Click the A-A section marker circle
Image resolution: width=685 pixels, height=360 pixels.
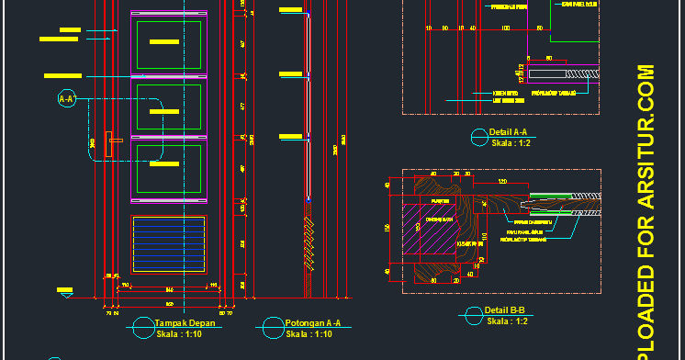coord(66,99)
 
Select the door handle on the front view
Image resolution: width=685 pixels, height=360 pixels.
coord(114,140)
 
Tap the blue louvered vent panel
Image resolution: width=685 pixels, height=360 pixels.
coord(167,245)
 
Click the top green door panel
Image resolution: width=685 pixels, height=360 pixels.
coord(169,43)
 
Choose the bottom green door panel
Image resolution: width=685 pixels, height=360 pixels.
coord(169,169)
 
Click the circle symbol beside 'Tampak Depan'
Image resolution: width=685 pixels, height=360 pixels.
coord(141,327)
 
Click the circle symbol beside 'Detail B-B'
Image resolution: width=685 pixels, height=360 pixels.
coord(477,316)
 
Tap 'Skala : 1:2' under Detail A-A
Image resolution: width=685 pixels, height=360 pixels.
coord(511,143)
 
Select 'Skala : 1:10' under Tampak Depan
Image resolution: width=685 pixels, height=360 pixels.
coord(180,334)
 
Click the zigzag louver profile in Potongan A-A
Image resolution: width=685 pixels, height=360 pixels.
coord(308,243)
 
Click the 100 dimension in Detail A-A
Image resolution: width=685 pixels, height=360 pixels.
coord(505,28)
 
